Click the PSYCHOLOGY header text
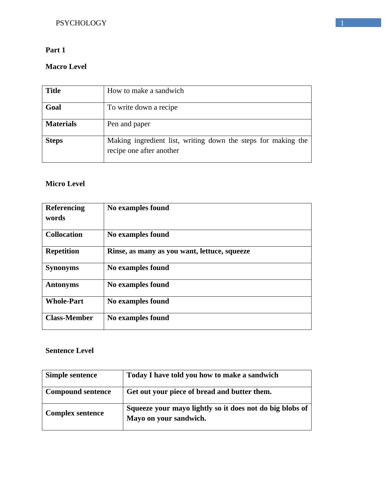pos(81,23)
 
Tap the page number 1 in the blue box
pos(342,23)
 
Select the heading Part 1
pos(55,50)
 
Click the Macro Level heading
pos(66,67)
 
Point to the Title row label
pos(53,91)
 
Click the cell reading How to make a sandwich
pos(145,91)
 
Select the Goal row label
pos(53,107)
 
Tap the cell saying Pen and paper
pos(128,124)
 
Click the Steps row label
pos(54,141)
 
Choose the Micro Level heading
pos(65,184)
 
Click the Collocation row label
pos(64,235)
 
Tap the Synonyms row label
pos(62,268)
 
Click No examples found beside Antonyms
pos(138,285)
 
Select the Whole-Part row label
pos(64,301)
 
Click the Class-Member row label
pos(69,318)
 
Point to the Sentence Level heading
pos(70,351)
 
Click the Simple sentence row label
pos(71,375)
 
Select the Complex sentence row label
pos(74,413)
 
